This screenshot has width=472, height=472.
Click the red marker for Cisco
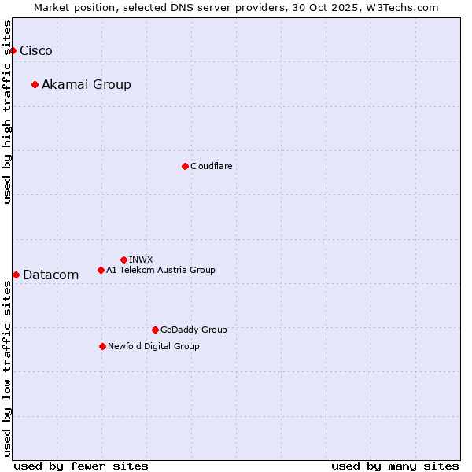pos(13,50)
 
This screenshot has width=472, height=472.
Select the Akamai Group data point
pos(35,84)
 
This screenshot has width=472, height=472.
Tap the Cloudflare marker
pos(185,166)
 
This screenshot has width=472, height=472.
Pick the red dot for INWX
pos(124,260)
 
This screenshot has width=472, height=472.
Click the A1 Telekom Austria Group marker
pos(101,270)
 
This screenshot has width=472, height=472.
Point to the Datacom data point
pos(16,275)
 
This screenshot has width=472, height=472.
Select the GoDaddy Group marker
pos(155,330)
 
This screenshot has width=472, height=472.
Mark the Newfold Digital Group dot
pos(102,346)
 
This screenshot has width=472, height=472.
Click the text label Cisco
pos(36,51)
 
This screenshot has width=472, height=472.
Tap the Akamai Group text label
pos(87,85)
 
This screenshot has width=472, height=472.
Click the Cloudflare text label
pos(212,167)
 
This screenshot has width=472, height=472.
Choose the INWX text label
pos(142,260)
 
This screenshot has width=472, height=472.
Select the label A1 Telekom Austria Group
pos(160,271)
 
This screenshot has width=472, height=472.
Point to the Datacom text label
pos(51,275)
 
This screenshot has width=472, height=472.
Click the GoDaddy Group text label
pos(194,330)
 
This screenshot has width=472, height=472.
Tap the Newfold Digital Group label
pos(153,347)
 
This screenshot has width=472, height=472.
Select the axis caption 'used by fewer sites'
pos(81,466)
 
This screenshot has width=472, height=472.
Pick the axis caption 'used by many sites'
pos(395,466)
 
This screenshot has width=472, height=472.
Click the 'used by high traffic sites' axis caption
pos(7,112)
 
